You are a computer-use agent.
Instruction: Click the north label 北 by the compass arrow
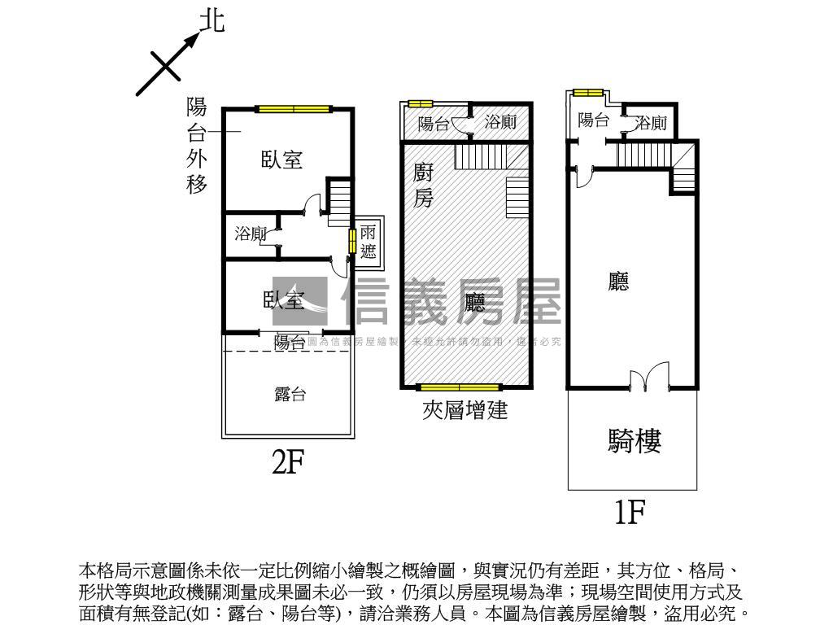pos(212,20)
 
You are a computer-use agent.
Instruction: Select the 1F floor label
pos(630,513)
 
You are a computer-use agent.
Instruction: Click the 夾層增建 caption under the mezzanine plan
pos(464,410)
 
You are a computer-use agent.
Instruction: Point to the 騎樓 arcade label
pos(635,440)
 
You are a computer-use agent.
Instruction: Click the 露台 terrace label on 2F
pos(290,395)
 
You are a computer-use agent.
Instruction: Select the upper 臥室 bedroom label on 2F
pos(281,160)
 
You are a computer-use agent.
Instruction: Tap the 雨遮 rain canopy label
pos(369,242)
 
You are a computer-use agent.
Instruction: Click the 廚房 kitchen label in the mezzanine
pos(423,185)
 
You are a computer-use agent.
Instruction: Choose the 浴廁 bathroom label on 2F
pos(251,234)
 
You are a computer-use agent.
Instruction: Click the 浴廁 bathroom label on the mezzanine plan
pos(501,123)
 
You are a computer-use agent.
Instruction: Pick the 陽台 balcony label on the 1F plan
pos(594,120)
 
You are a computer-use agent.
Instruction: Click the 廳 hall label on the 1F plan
pos(619,282)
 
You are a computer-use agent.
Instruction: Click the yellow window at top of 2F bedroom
pos(294,108)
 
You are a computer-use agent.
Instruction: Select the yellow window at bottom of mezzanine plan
pos(459,387)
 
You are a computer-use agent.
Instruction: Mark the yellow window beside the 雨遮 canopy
pos(352,242)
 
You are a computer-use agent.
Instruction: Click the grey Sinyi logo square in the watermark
pos(300,302)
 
